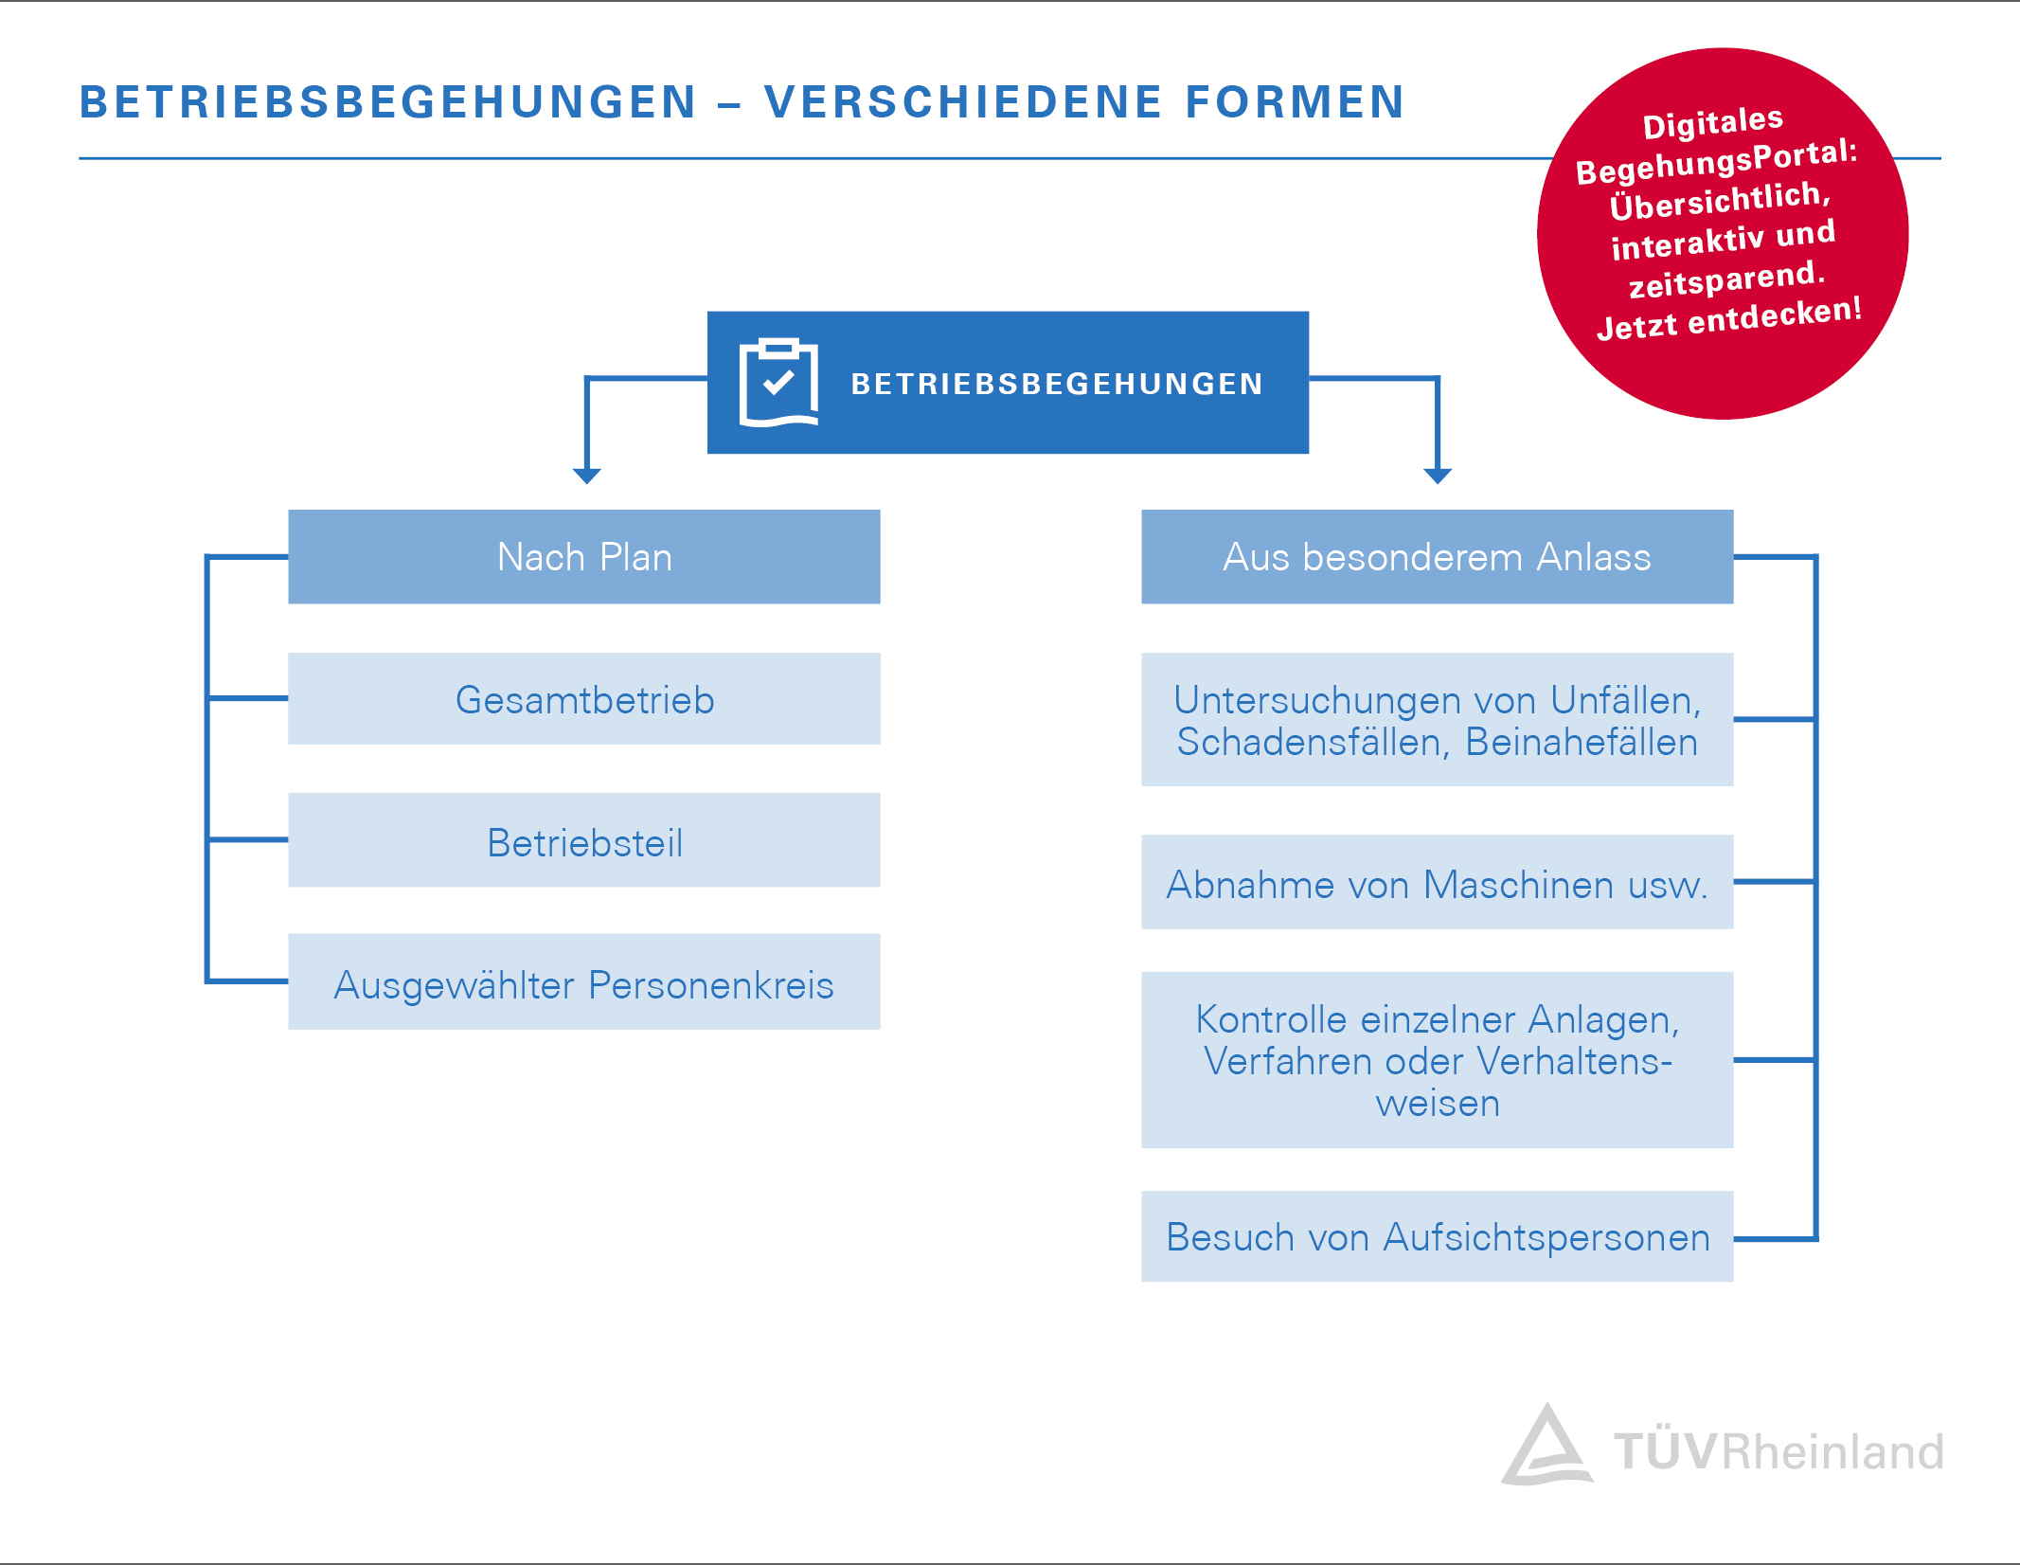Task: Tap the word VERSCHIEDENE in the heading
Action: point(963,102)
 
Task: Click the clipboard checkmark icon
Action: point(778,382)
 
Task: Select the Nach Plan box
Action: point(584,557)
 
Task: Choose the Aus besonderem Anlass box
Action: point(1437,557)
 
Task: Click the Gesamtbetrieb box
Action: point(584,699)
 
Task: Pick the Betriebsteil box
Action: point(584,841)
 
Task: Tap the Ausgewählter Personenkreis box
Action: point(584,983)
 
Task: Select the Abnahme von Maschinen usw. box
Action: point(1437,883)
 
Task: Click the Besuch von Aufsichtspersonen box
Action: point(1437,1236)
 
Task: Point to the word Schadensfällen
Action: point(1312,742)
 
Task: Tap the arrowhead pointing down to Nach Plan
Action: point(587,475)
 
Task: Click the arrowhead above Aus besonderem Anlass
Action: point(1438,475)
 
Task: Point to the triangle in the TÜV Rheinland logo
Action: point(1546,1448)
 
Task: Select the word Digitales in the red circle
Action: point(1712,123)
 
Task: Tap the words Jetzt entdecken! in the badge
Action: point(1728,318)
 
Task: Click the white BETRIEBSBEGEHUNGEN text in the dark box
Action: point(1057,384)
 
